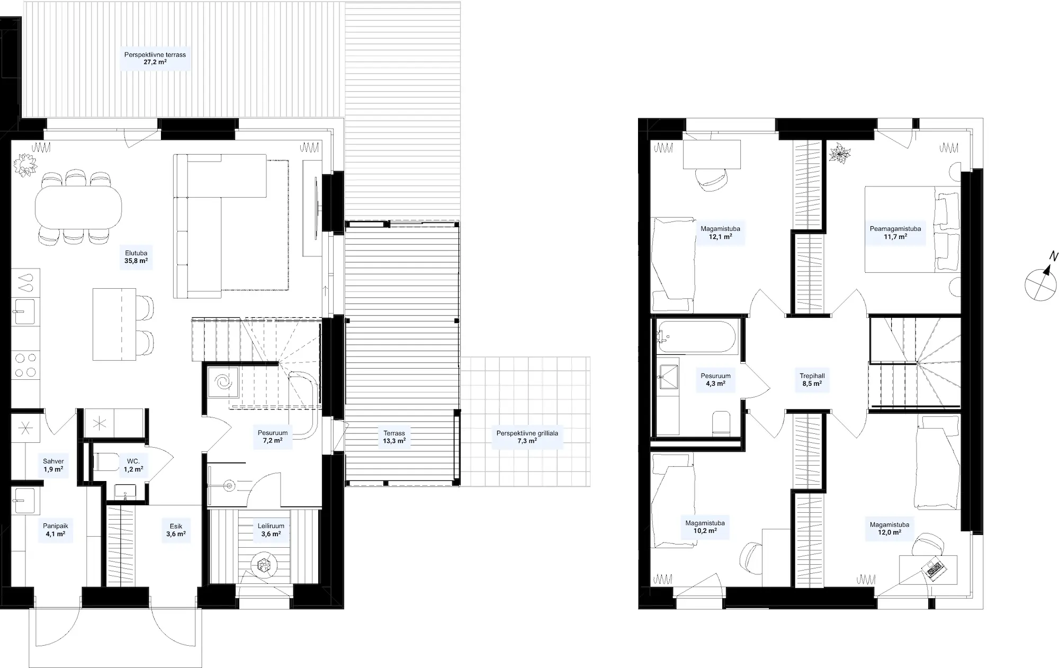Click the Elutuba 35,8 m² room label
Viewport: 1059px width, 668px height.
click(x=136, y=257)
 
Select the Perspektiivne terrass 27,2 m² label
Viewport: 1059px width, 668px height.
click(x=155, y=58)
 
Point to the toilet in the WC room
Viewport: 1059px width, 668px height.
click(x=105, y=462)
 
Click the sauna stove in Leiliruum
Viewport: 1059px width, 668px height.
click(x=264, y=566)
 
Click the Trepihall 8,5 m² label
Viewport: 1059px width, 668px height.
click(x=812, y=380)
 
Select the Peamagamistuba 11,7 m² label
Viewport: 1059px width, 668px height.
click(x=895, y=233)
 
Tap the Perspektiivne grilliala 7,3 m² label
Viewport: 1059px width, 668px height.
click(x=527, y=437)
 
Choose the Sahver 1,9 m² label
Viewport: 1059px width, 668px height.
click(x=53, y=466)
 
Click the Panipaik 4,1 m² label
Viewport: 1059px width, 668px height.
click(x=56, y=530)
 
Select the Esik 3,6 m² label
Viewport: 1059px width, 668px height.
click(x=176, y=530)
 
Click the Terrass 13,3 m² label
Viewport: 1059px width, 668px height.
click(x=394, y=437)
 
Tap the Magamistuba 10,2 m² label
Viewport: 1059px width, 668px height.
click(x=705, y=527)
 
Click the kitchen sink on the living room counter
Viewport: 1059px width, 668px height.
click(x=25, y=311)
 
